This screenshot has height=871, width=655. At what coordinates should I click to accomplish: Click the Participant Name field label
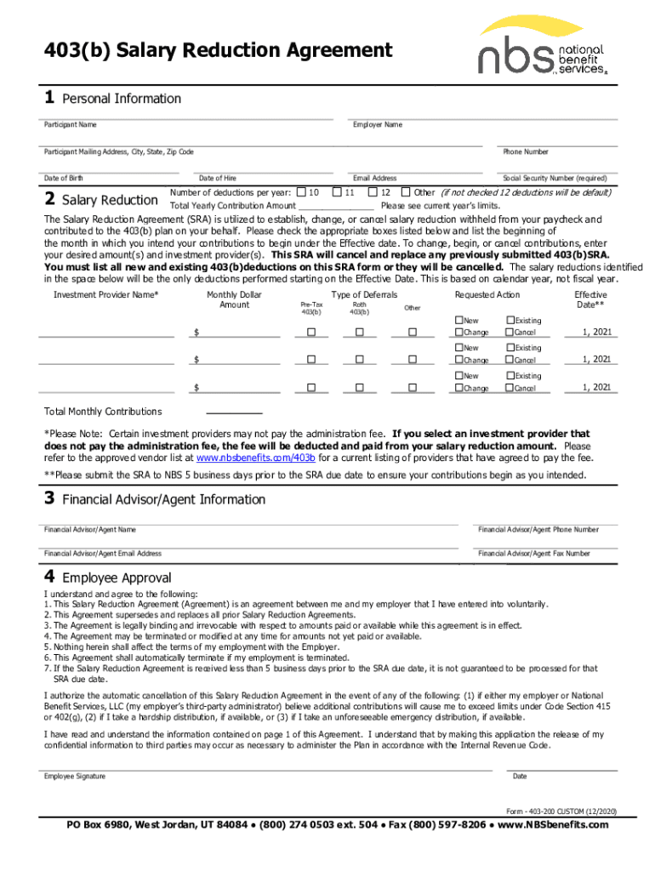[71, 126]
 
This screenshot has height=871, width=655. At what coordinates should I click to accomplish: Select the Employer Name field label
[378, 126]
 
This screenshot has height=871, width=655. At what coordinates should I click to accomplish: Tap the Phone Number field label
[525, 152]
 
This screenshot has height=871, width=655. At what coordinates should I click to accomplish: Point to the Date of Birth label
[64, 179]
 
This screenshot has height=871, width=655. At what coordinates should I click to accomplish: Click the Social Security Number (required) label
[555, 179]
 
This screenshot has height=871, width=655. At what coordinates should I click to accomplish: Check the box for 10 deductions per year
[301, 192]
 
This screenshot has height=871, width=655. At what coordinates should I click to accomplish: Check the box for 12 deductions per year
[373, 192]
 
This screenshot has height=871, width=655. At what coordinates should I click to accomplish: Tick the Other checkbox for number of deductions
[406, 192]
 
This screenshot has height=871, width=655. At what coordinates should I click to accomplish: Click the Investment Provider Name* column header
[106, 295]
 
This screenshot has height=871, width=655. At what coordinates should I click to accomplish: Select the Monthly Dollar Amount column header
[235, 299]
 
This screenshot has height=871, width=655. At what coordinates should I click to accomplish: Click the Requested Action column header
[487, 295]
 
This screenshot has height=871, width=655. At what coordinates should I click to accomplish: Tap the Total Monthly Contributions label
[103, 412]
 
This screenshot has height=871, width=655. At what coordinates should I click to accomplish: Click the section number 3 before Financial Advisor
[50, 499]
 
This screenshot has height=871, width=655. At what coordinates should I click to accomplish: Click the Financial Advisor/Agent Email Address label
[103, 554]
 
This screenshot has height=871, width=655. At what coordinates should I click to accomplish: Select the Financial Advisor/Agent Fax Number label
[534, 554]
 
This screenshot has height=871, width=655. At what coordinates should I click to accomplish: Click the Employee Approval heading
[122, 578]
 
